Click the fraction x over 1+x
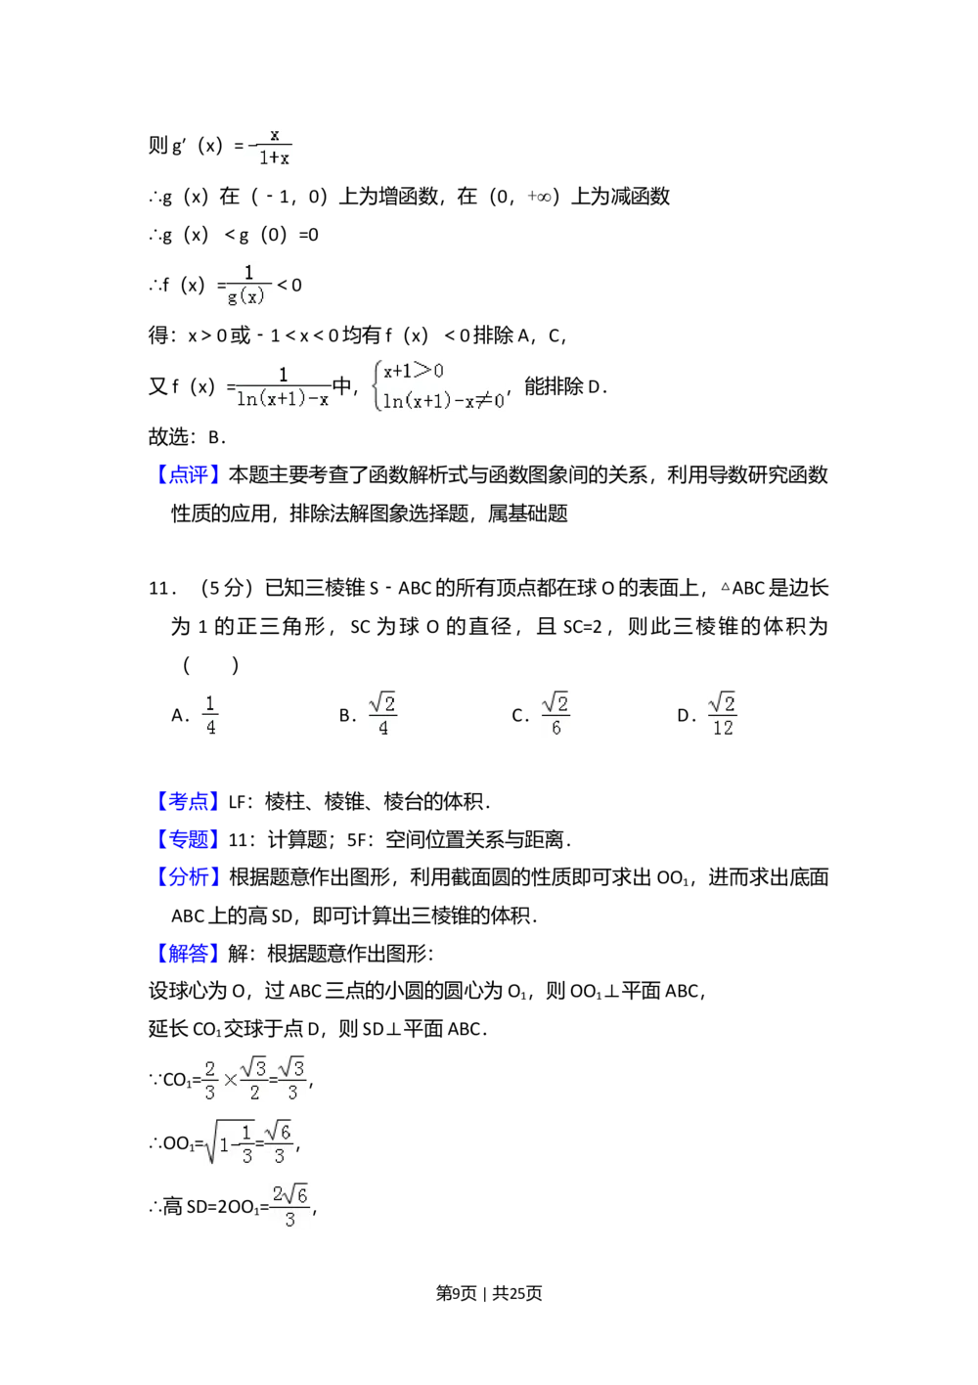[271, 146]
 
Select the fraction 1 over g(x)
[246, 285]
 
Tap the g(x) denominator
[246, 297]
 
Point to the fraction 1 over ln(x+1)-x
[285, 387]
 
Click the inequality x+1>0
[414, 371]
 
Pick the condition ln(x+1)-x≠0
[443, 400]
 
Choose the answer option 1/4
[208, 716]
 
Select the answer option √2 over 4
[382, 716]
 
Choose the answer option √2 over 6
[555, 716]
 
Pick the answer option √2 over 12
[723, 716]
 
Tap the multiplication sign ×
[230, 1080]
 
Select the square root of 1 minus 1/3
[229, 1142]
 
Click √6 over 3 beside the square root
[280, 1142]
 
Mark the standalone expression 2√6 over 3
[289, 1209]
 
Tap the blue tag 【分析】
[188, 876]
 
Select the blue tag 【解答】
[188, 954]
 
